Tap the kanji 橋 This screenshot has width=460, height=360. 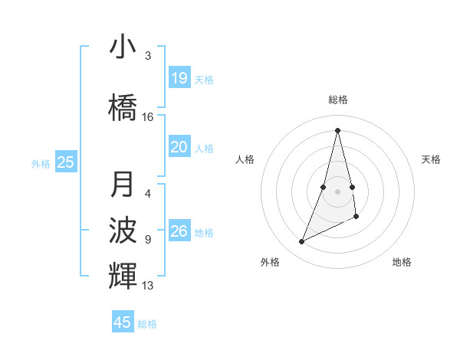(123, 106)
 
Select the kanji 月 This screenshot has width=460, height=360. (123, 185)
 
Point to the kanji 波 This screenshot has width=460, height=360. (123, 230)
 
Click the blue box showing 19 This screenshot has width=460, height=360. (179, 78)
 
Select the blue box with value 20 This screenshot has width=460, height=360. (179, 148)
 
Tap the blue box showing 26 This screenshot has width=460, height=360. (179, 231)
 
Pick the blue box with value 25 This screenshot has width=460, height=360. (66, 162)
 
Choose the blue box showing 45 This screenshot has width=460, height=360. (123, 322)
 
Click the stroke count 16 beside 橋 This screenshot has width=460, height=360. (148, 117)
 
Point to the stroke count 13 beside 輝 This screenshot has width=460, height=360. (148, 286)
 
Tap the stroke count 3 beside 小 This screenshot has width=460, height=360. (148, 56)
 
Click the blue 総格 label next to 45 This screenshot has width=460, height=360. (147, 324)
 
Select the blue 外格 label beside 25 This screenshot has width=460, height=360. (41, 163)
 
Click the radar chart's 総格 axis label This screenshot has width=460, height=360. (337, 100)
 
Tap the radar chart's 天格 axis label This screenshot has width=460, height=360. (431, 159)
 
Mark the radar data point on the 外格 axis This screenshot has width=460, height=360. (301, 242)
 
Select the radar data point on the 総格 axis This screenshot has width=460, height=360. (337, 129)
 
